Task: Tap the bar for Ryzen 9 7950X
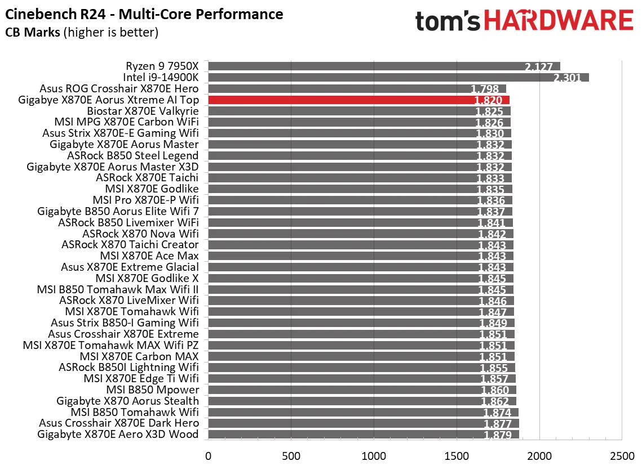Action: click(384, 66)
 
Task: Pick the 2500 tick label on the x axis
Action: click(621, 455)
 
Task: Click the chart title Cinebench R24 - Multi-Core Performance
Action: click(144, 14)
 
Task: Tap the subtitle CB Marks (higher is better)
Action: click(82, 33)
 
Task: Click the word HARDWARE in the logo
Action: click(558, 21)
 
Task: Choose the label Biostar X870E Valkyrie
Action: click(143, 111)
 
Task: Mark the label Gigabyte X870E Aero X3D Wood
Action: click(118, 434)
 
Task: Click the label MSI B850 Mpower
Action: click(153, 390)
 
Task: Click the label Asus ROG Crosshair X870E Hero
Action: click(119, 88)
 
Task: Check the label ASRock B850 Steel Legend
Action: click(133, 155)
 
